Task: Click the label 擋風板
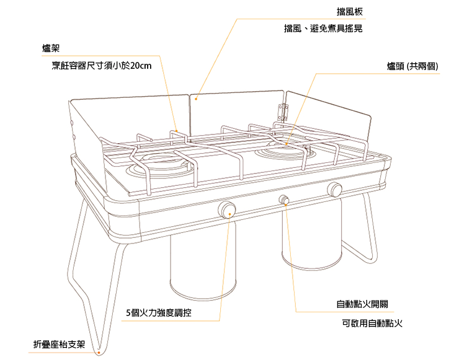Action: point(349,12)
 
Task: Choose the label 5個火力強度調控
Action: point(158,313)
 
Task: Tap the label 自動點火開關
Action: point(362,304)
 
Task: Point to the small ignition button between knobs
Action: point(285,200)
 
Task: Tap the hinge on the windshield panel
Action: point(284,113)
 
